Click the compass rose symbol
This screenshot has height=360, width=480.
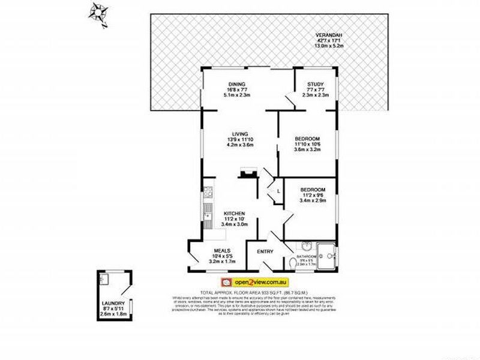tap(98, 13)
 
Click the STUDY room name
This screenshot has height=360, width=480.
tap(315, 84)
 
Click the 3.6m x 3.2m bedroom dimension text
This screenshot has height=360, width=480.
tap(308, 150)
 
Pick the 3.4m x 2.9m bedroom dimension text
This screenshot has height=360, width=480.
tap(313, 201)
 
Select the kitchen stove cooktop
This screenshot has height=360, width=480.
tap(208, 193)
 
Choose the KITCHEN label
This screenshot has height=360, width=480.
tap(234, 214)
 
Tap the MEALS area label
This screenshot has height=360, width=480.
tap(214, 251)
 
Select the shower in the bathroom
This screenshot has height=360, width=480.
tap(328, 254)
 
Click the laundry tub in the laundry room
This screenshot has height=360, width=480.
tap(104, 279)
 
